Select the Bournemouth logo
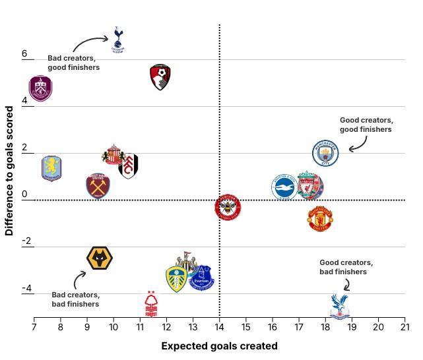[160, 77]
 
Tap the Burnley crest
[40, 88]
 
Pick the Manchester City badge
[325, 153]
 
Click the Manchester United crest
[320, 218]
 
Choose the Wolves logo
[100, 258]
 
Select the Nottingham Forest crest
[151, 305]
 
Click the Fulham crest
[129, 166]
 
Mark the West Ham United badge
[98, 186]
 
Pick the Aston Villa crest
[51, 168]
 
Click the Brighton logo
[284, 187]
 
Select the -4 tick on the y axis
[28, 289]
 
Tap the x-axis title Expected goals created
[219, 346]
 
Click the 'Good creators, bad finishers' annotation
[346, 267]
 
